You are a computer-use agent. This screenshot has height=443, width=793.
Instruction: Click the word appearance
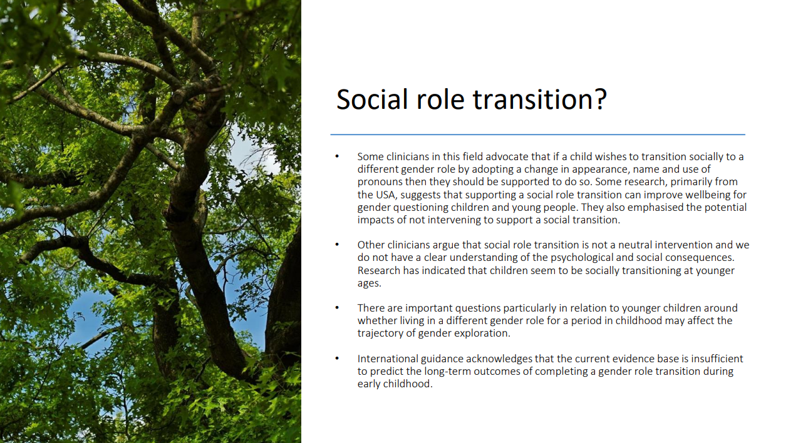click(x=599, y=170)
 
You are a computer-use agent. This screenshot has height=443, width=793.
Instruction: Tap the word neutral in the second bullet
click(x=635, y=245)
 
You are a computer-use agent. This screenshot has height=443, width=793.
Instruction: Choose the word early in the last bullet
click(x=369, y=384)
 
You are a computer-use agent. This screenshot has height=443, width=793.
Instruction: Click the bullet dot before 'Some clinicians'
click(x=337, y=156)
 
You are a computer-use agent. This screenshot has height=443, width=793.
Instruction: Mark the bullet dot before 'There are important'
click(x=337, y=308)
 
